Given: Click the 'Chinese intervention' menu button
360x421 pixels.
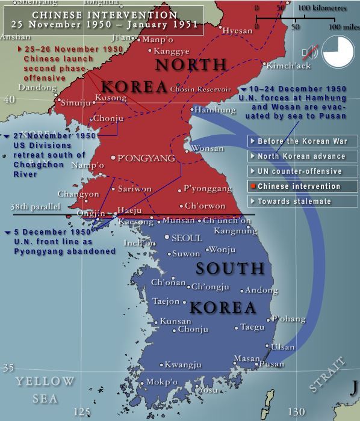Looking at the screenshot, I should tap(303, 186).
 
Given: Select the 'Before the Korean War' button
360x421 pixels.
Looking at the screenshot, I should tap(303, 141).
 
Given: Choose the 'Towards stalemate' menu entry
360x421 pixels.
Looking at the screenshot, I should tap(303, 201).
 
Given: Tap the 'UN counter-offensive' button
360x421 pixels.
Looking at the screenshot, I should tap(303, 171).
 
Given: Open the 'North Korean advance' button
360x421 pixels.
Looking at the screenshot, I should tap(303, 156).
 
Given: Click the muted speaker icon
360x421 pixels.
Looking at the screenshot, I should tap(311, 52).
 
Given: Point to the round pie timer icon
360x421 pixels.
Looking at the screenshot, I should tap(338, 51).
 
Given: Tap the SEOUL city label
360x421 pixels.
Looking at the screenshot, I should tap(187, 238).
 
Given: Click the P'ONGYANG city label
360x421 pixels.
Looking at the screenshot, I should tap(146, 159).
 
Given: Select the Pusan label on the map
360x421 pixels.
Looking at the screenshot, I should tap(272, 364).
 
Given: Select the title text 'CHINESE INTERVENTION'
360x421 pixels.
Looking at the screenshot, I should tap(105, 15).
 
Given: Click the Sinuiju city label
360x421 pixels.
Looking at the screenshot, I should tap(76, 103).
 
